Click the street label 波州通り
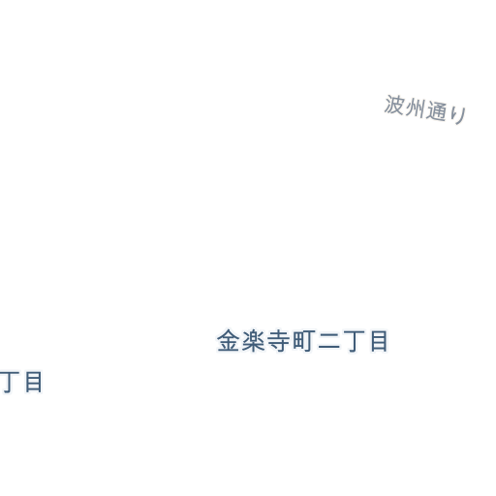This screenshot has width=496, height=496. (x=425, y=109)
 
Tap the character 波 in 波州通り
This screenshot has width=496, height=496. (x=394, y=105)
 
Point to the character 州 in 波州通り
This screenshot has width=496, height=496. (x=415, y=108)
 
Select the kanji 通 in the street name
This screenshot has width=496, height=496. (x=436, y=110)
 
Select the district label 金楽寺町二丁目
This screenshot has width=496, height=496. (x=302, y=341)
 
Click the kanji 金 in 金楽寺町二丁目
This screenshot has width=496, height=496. (x=229, y=341)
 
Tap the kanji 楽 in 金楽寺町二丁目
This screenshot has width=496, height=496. (x=253, y=341)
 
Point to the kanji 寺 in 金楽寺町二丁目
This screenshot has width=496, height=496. (x=278, y=341)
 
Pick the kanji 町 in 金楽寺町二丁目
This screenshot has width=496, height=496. (x=302, y=341)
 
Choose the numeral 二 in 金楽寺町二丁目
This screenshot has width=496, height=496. (x=328, y=341)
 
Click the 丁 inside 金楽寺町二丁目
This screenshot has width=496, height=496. (x=354, y=341)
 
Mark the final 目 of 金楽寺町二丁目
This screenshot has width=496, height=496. (x=379, y=341)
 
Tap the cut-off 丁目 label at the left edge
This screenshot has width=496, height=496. (x=21, y=382)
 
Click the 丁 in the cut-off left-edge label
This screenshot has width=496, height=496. (x=10, y=383)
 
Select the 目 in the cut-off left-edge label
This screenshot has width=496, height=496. (x=34, y=382)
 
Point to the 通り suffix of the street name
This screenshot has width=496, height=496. (x=447, y=112)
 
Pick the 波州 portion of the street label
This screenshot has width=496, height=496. (x=404, y=106)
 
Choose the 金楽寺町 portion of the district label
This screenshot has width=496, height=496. (x=265, y=341)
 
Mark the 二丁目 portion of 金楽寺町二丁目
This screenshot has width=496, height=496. (x=353, y=341)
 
